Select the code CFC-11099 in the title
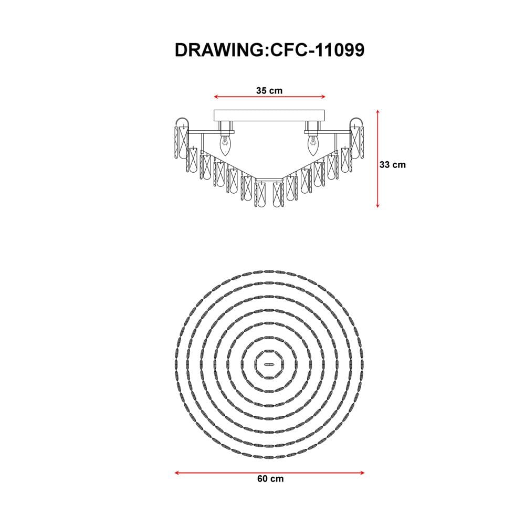click(x=317, y=50)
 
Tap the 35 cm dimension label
click(x=269, y=90)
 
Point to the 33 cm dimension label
click(x=392, y=165)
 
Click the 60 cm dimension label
click(x=270, y=479)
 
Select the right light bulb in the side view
click(x=313, y=145)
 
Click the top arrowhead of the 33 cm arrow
click(x=377, y=112)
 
